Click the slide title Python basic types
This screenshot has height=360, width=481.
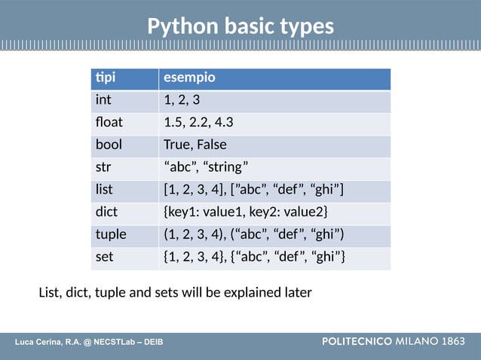240,26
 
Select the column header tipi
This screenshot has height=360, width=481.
106,78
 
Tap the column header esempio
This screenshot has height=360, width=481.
189,78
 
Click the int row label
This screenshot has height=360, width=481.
103,100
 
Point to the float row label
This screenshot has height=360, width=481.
109,123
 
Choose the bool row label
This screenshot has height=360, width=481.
109,145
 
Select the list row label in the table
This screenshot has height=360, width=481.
104,190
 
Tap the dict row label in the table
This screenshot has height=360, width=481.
106,212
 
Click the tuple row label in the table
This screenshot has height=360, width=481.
111,234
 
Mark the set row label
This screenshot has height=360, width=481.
104,257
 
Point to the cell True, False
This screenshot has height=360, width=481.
195,145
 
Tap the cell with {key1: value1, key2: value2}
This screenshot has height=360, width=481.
246,212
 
